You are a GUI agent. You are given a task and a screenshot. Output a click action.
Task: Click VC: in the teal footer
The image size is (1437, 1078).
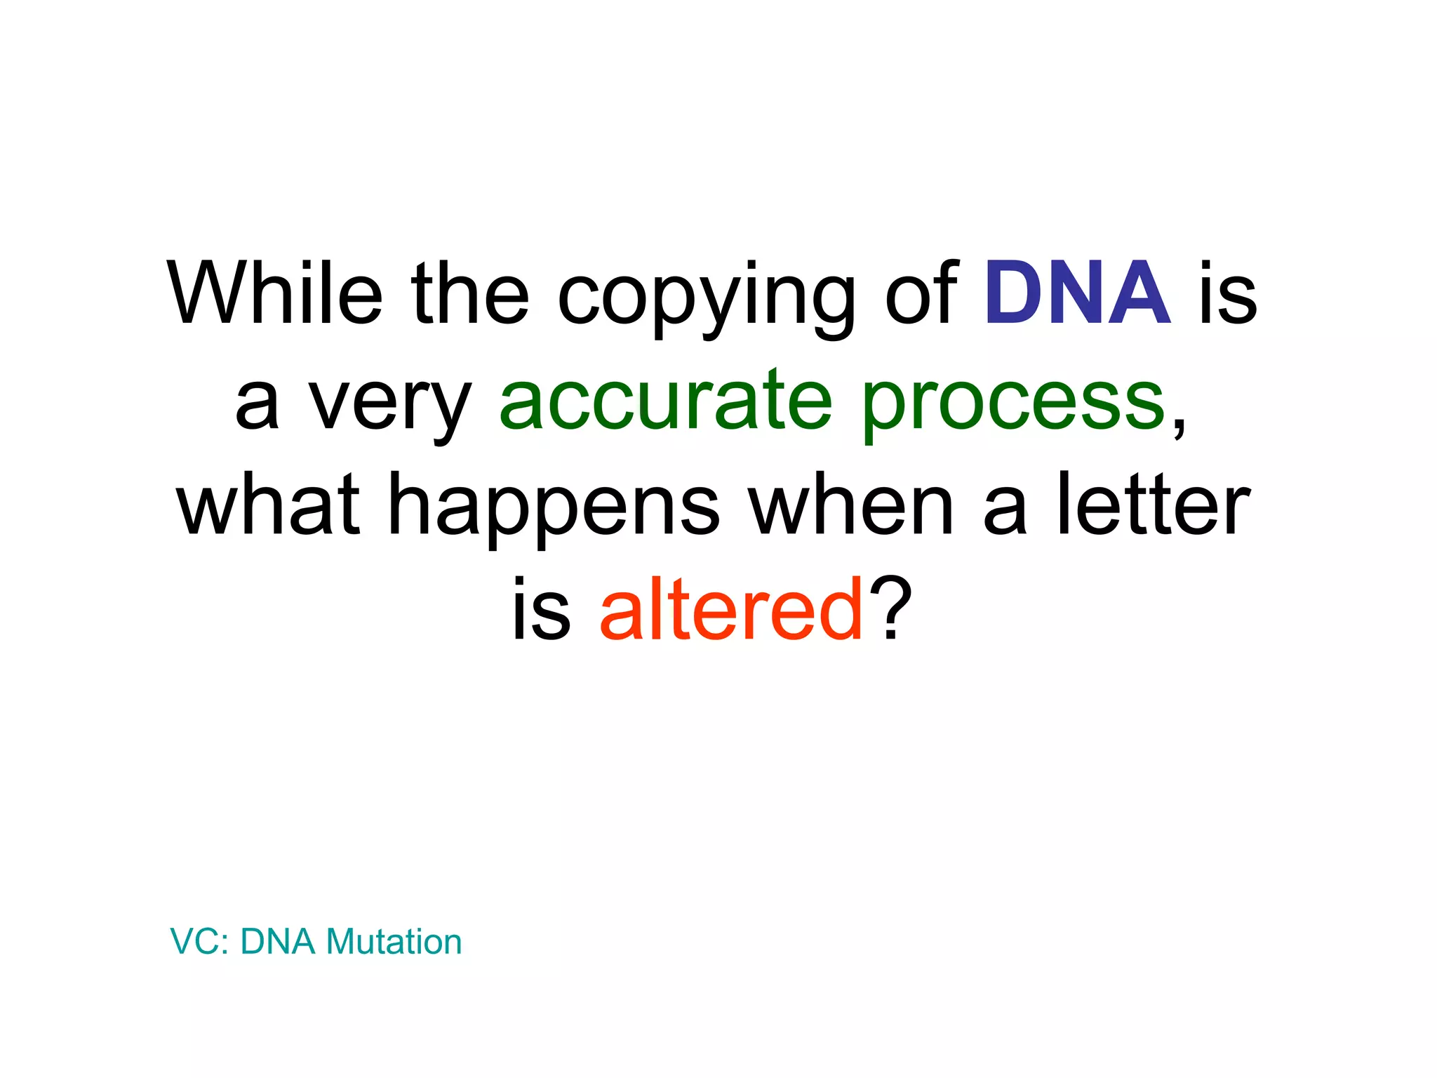[x=199, y=941]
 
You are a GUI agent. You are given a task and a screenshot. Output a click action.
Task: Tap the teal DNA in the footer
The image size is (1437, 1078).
[x=278, y=941]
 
